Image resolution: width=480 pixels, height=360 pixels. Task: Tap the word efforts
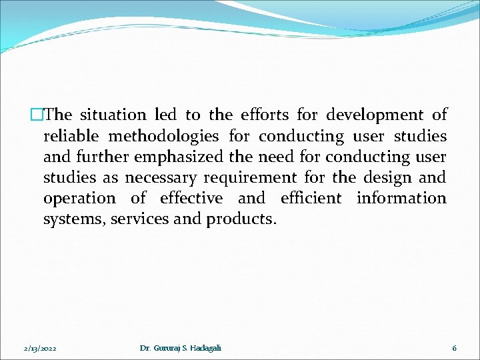269,115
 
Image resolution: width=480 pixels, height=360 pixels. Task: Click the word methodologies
163,137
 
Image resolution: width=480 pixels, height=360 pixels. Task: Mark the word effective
191,199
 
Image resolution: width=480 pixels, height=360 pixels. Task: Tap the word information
401,199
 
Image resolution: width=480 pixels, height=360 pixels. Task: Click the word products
241,219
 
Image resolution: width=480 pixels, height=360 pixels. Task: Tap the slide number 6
454,348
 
